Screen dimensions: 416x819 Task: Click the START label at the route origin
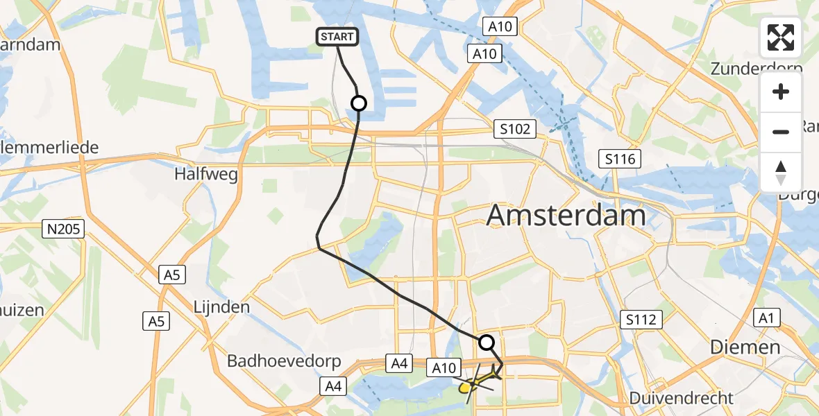point(337,37)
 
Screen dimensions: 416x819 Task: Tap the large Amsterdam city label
point(566,216)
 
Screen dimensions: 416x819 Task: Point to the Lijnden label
point(222,306)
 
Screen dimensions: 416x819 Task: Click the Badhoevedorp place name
point(277,362)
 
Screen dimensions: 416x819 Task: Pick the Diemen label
point(745,347)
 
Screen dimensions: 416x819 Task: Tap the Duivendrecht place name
point(681,398)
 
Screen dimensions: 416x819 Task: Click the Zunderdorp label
point(757,69)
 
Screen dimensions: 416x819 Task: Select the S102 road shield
point(515,128)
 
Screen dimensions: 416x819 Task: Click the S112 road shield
point(642,319)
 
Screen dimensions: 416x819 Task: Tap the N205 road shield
point(63,229)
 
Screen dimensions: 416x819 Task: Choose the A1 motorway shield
point(767,318)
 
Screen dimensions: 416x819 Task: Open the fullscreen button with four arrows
point(781,37)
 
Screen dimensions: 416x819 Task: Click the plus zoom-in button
point(781,92)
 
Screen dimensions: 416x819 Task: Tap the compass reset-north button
point(781,173)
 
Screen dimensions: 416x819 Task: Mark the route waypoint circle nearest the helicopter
point(487,342)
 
